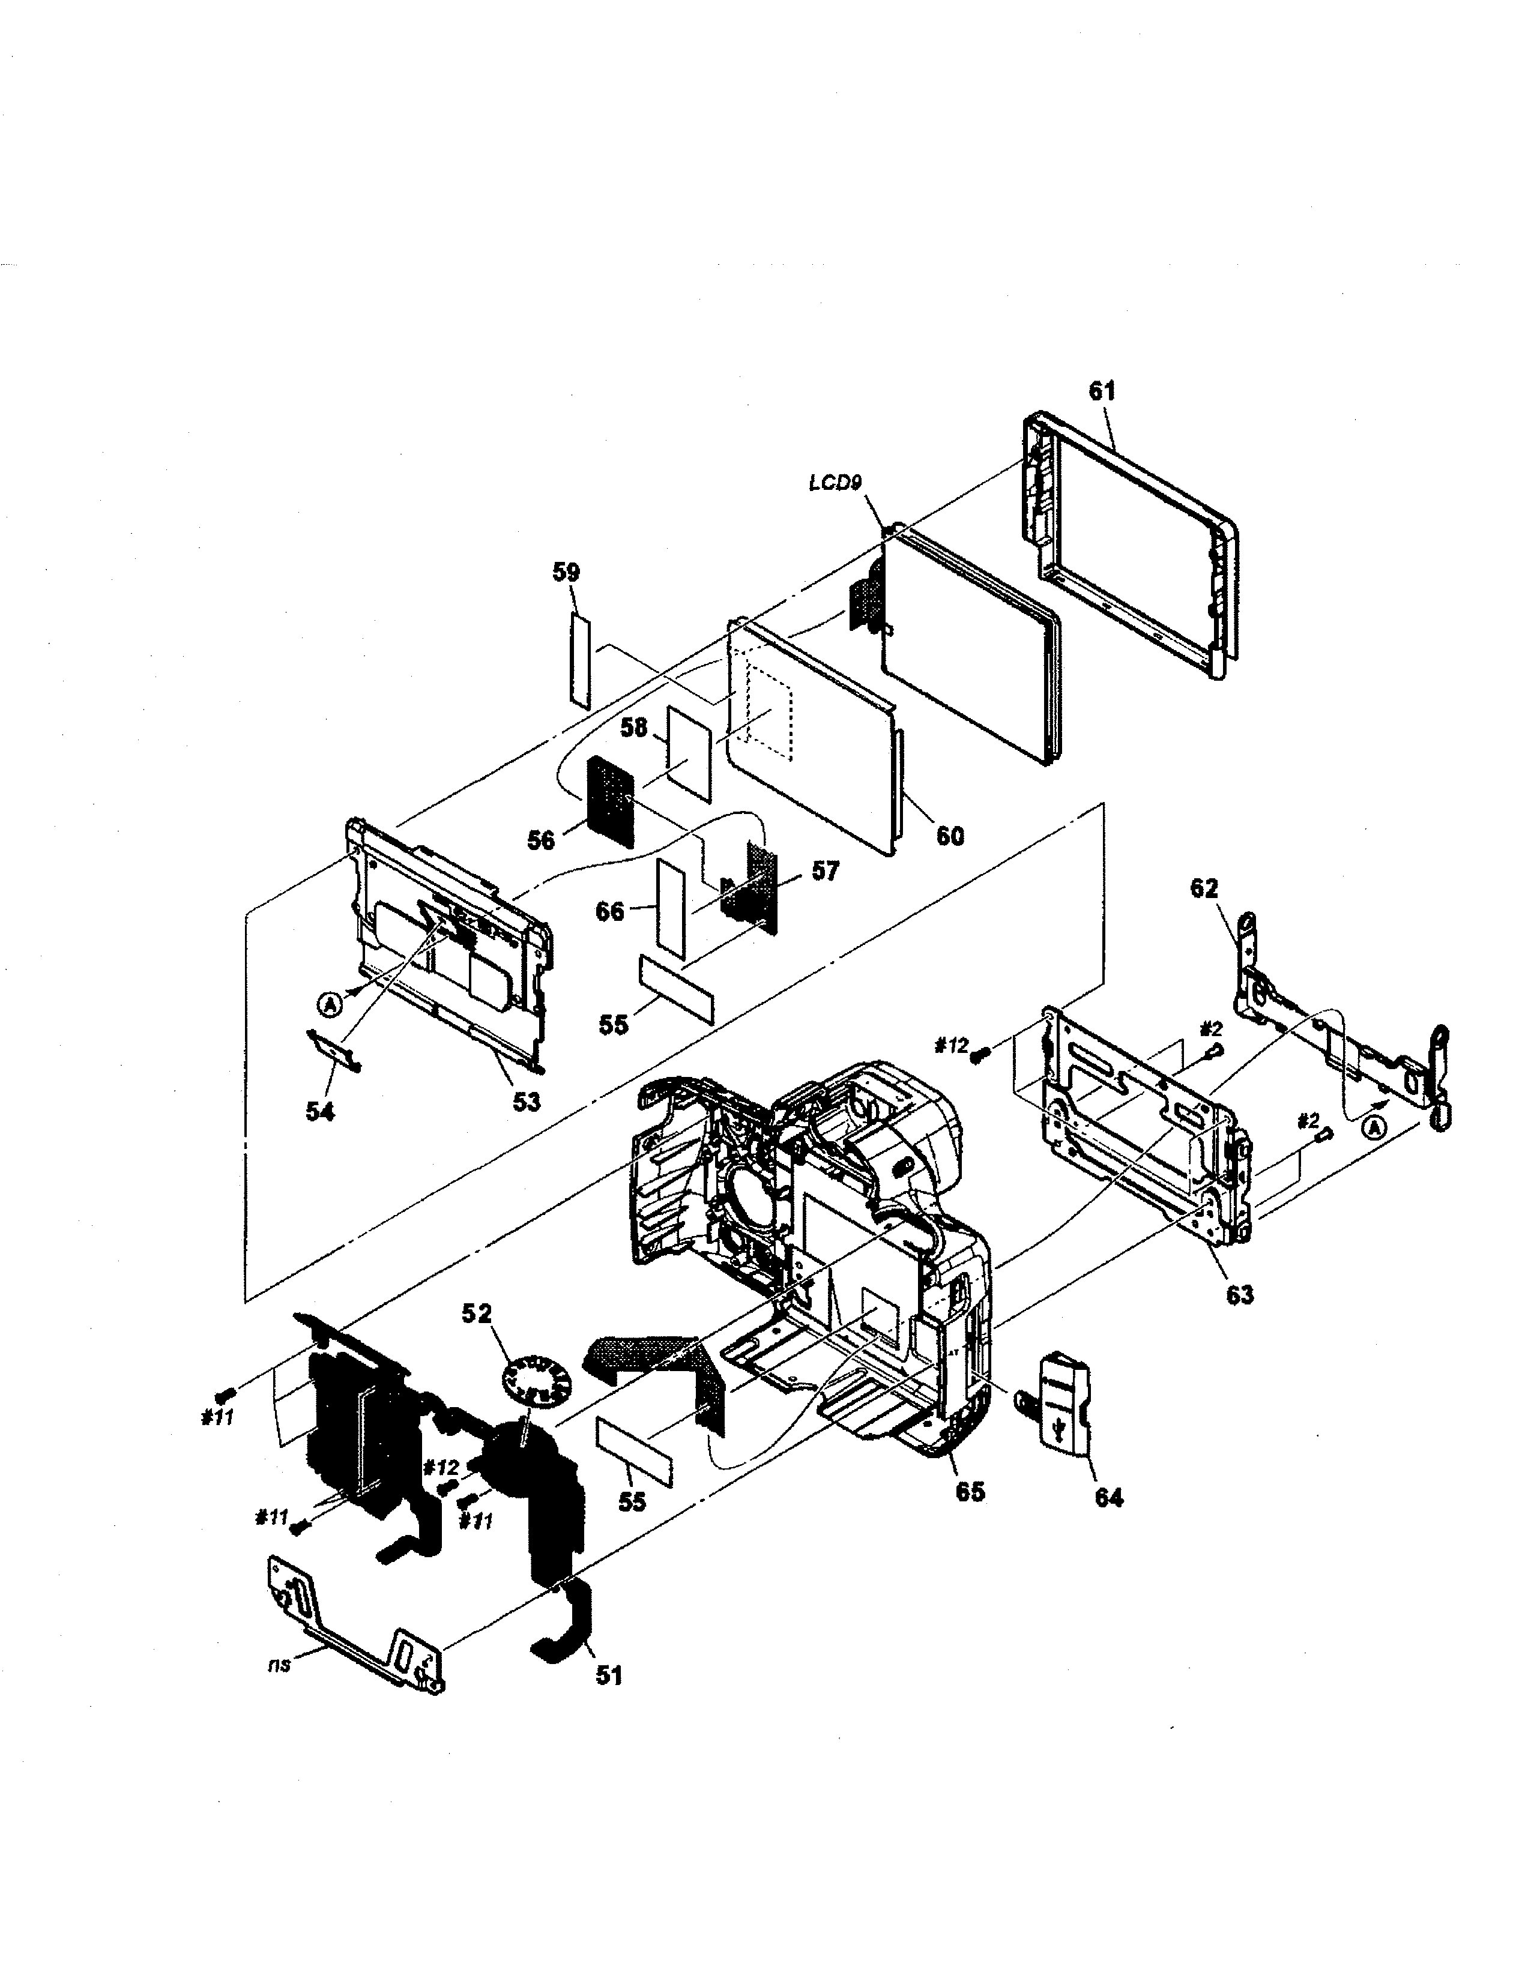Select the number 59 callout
click(566, 572)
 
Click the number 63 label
click(1239, 1294)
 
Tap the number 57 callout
click(824, 871)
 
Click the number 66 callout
click(609, 911)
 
